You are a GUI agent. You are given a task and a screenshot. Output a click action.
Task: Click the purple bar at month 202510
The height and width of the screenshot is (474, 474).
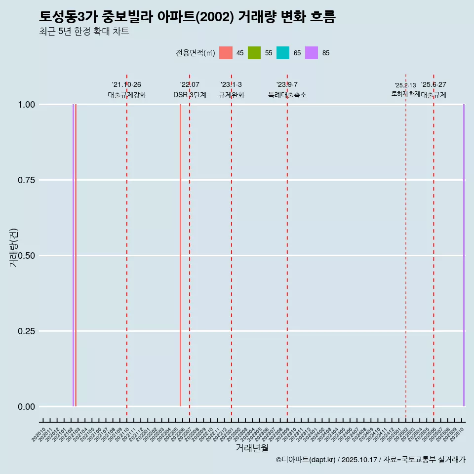[464, 255]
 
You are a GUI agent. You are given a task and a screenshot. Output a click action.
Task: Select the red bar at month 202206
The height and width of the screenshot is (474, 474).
[180, 255]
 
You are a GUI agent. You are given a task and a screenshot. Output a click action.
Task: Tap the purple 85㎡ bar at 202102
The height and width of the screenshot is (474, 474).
[73, 255]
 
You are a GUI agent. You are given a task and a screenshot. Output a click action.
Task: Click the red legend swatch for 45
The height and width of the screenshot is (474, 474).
[226, 53]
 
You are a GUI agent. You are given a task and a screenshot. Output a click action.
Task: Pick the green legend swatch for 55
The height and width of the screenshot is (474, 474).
[254, 53]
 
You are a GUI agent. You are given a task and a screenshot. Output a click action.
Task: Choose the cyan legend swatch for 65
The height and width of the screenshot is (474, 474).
[283, 53]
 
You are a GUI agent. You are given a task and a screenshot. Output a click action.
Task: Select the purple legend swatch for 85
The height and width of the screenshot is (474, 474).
[312, 53]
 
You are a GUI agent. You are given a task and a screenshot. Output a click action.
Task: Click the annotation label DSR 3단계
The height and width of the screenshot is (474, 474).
[190, 95]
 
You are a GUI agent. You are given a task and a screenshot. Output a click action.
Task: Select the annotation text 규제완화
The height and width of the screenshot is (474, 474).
[232, 95]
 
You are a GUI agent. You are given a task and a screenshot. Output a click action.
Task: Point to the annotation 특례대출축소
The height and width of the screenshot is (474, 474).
[287, 95]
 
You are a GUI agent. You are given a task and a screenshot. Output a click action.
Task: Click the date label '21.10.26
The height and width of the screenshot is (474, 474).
[126, 85]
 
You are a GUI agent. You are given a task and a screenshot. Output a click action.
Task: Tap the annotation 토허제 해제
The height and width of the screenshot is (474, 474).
[405, 93]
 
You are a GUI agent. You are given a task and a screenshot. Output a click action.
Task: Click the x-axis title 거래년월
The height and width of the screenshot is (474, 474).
[252, 448]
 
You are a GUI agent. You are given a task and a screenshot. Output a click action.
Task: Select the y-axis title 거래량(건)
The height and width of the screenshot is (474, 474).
[14, 247]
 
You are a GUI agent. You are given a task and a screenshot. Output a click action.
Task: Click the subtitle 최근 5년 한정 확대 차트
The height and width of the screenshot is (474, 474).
[84, 32]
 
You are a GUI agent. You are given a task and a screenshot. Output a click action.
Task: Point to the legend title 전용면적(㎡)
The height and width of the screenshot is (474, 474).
[195, 53]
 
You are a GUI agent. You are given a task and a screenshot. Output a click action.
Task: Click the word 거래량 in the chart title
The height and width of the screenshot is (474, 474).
[257, 17]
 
